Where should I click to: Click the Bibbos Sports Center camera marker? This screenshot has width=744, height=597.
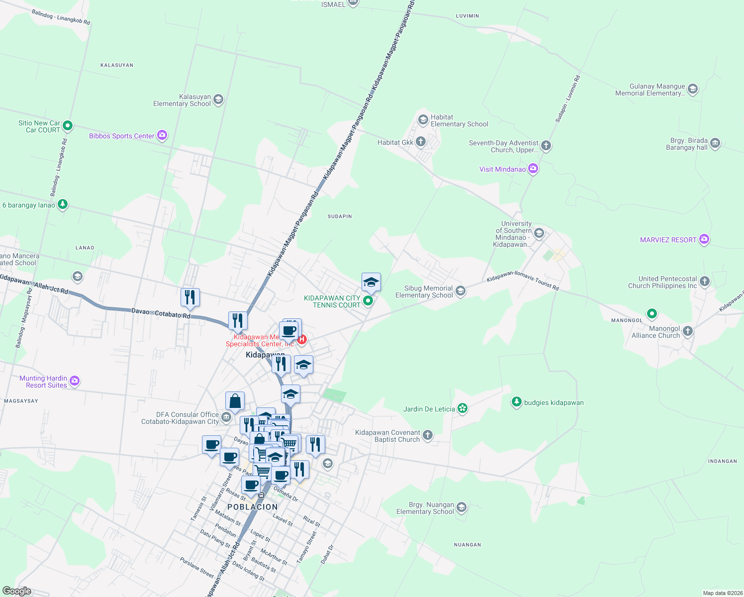tap(162, 135)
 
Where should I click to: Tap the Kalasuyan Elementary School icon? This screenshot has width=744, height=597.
tap(218, 100)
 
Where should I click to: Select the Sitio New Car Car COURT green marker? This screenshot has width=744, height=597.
tap(68, 126)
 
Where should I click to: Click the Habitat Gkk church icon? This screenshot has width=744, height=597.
tap(421, 142)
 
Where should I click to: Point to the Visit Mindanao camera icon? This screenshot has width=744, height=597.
tap(533, 169)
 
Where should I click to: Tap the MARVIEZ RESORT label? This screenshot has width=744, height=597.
tap(668, 240)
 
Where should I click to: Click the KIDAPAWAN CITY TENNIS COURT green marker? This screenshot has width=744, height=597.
tap(368, 300)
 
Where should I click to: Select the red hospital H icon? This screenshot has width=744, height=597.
tap(302, 339)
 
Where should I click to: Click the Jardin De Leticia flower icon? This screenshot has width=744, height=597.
tap(463, 408)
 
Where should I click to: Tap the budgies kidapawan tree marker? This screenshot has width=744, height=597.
tap(517, 402)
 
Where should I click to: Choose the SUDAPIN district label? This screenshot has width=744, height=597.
tap(340, 216)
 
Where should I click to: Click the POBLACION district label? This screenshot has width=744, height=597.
tap(253, 507)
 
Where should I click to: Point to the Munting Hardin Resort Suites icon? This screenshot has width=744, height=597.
tap(75, 381)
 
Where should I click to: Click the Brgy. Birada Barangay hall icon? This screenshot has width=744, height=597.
tap(715, 143)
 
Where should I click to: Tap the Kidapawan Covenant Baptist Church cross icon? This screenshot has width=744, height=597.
tap(427, 435)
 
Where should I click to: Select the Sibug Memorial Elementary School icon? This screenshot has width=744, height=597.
tap(461, 291)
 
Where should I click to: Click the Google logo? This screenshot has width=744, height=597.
tap(17, 591)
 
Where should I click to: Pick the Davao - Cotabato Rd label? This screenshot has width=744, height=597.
tap(161, 313)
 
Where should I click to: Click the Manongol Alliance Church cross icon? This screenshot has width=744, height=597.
tap(688, 331)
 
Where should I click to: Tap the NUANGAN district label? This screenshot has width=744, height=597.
tap(467, 545)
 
